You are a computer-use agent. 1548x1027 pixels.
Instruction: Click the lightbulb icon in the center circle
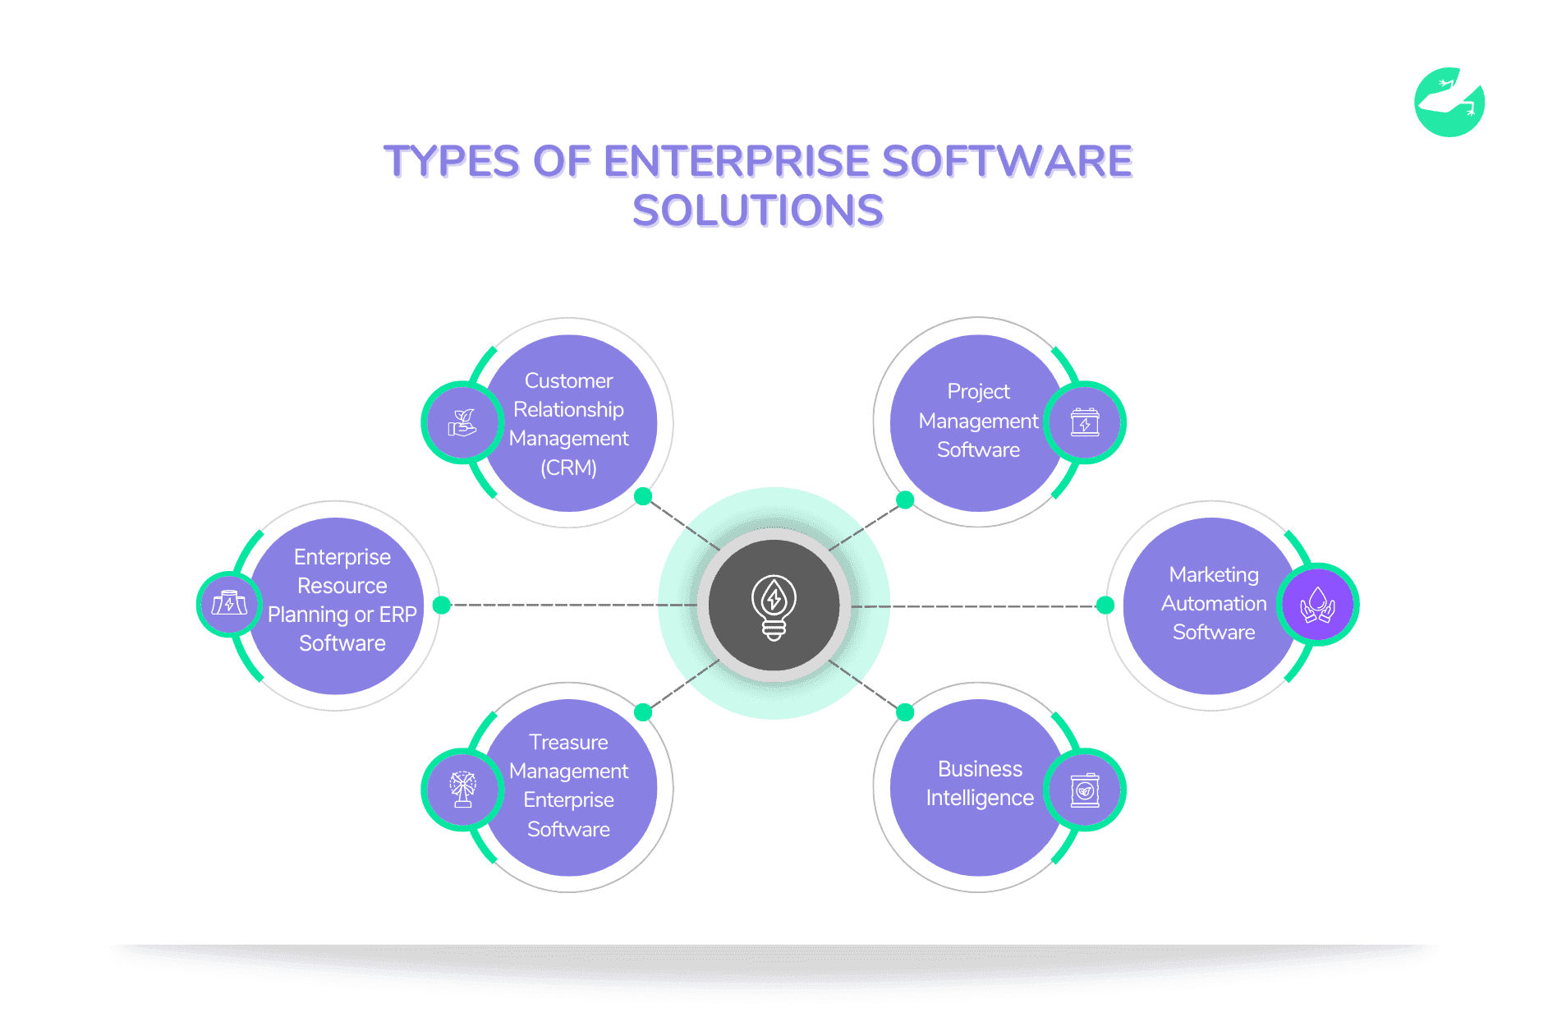774,606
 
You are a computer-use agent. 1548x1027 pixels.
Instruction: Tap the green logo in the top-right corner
1449,103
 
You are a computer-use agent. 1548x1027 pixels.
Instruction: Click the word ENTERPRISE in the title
736,161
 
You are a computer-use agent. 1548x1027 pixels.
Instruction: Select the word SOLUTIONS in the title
758,211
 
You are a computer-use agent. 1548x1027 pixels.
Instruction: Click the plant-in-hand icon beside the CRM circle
462,423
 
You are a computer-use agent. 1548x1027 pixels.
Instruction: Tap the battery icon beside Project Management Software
1085,423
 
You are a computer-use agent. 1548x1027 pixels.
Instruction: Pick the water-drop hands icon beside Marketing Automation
1317,606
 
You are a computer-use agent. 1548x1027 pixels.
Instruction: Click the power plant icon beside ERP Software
229,604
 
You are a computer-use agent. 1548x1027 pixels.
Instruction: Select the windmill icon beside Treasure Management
462,789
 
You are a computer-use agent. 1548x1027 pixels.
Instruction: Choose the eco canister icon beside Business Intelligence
1085,790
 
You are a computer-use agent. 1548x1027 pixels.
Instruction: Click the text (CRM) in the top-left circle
568,467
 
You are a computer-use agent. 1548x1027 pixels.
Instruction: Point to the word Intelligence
980,798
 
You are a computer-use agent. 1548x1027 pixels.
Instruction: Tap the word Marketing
1214,574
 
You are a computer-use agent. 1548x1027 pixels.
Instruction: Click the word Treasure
568,742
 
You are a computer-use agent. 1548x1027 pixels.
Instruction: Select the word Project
978,392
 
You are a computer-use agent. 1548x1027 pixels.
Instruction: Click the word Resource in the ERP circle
342,586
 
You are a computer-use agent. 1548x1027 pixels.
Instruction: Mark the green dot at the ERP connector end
442,605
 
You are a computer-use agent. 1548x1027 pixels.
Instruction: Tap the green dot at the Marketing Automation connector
1105,606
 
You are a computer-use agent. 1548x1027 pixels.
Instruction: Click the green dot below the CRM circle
643,496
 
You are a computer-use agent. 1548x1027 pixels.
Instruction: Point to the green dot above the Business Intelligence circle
905,712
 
